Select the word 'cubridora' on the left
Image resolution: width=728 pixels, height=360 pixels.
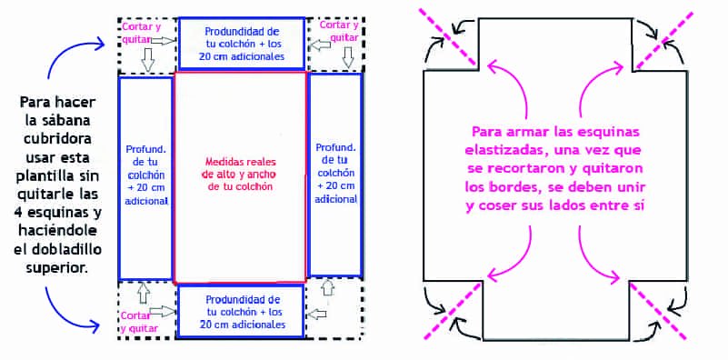tap(58, 139)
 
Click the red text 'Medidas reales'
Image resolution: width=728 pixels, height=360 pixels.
tap(241, 163)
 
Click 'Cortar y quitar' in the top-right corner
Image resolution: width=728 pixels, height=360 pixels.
tap(339, 30)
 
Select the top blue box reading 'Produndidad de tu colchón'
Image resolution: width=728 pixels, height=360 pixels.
tap(242, 43)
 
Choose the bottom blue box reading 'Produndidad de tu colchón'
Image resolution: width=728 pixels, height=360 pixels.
tap(241, 311)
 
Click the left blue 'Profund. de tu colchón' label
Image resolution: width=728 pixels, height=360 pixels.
tap(146, 175)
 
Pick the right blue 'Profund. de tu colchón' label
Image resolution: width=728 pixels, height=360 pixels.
tap(335, 173)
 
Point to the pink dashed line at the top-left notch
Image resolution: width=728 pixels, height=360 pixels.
tap(446, 35)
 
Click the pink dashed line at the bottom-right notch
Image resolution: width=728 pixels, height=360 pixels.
tap(658, 311)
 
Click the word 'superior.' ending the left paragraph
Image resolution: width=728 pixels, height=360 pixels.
tap(58, 267)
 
